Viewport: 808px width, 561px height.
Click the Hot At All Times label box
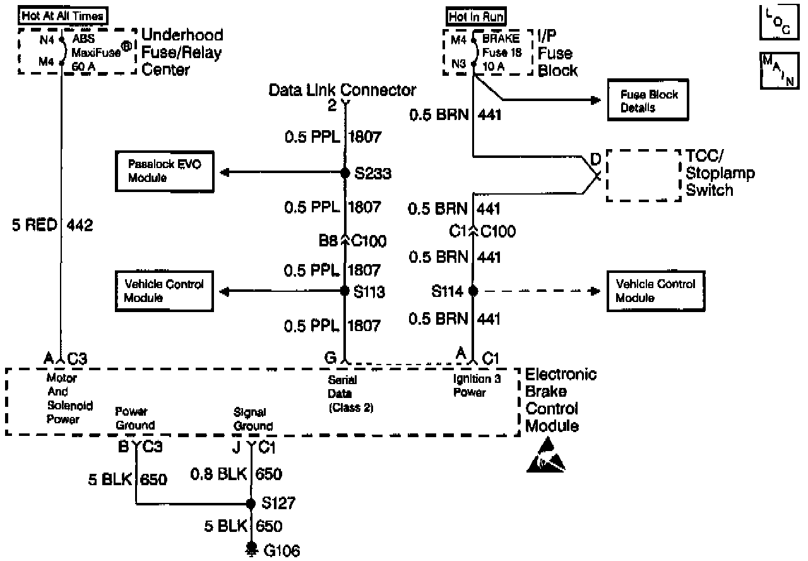tap(62, 15)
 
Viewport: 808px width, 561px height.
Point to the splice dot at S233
tap(345, 173)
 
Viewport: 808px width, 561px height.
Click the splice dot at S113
tap(345, 291)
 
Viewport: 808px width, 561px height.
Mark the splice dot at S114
tap(473, 291)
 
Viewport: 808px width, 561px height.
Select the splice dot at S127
tap(250, 504)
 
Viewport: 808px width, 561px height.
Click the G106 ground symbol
tap(251, 548)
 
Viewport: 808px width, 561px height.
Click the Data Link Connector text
tap(342, 90)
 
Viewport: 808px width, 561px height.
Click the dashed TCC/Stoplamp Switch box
tap(643, 175)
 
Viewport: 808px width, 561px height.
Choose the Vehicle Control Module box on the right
tap(656, 291)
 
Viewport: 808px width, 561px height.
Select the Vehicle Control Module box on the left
tap(163, 291)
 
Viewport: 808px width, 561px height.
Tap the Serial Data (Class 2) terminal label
tap(350, 394)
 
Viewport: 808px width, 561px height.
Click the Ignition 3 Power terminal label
tap(470, 386)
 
